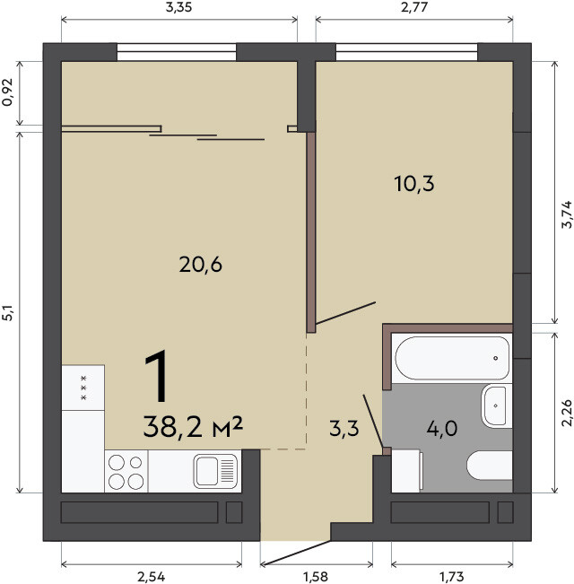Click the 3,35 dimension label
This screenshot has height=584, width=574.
pyautogui.click(x=178, y=7)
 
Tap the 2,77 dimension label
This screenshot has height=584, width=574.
pyautogui.click(x=414, y=7)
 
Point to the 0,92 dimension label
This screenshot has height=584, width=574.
pyautogui.click(x=7, y=92)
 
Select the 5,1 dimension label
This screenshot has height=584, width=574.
pyautogui.click(x=7, y=312)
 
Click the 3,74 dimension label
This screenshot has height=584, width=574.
pyautogui.click(x=567, y=214)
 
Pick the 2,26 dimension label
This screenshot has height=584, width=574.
pyautogui.click(x=567, y=413)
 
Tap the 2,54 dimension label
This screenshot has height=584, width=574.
pyautogui.click(x=152, y=577)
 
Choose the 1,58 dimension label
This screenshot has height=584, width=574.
pyautogui.click(x=316, y=577)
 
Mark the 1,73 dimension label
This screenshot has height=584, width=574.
pyautogui.click(x=452, y=577)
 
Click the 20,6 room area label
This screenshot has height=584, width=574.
pyautogui.click(x=201, y=265)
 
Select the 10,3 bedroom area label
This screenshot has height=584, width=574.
pyautogui.click(x=414, y=184)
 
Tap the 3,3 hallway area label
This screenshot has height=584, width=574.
pyautogui.click(x=344, y=428)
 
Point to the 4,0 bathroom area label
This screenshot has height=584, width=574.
pyautogui.click(x=442, y=428)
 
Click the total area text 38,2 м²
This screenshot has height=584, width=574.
pyautogui.click(x=193, y=427)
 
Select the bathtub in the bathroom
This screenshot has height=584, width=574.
pyautogui.click(x=452, y=358)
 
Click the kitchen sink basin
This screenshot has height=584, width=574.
pyautogui.click(x=215, y=471)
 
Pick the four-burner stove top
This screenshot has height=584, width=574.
pyautogui.click(x=126, y=471)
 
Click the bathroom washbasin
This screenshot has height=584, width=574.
pyautogui.click(x=496, y=406)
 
